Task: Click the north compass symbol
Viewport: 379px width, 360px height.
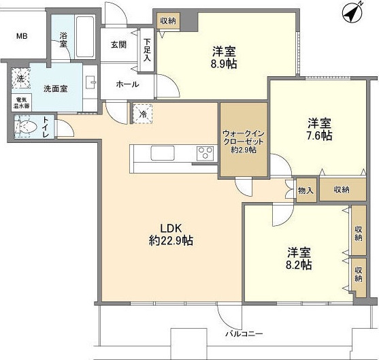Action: [x=352, y=12]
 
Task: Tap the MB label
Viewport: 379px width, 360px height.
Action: [x=22, y=35]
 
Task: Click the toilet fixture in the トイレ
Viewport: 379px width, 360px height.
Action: [x=27, y=127]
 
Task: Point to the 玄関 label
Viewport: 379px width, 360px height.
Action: [x=118, y=45]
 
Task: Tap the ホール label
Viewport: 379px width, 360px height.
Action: [x=127, y=84]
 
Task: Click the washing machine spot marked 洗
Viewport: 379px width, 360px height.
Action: [x=20, y=79]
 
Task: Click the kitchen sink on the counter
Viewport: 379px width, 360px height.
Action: [x=163, y=153]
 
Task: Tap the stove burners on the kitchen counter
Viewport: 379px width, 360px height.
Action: [x=204, y=154]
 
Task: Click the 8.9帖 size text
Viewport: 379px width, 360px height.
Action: [x=224, y=66]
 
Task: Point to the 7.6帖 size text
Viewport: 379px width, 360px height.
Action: [x=318, y=135]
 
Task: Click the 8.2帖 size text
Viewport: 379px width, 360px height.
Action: [x=298, y=264]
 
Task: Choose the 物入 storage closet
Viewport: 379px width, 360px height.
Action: [x=306, y=190]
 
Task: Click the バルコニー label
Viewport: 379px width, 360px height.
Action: [x=245, y=334]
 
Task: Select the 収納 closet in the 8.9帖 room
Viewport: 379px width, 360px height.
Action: [x=168, y=20]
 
